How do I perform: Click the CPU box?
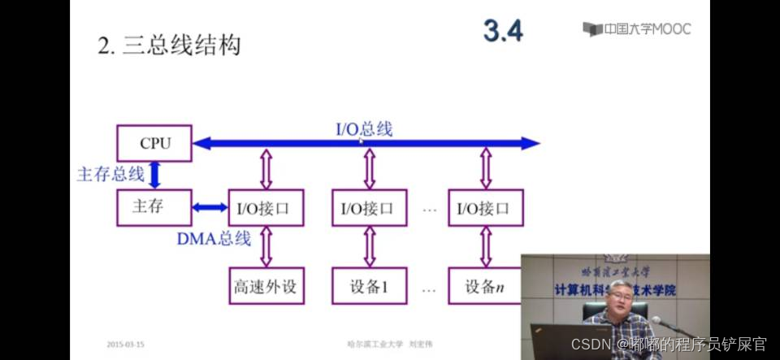[x=154, y=143]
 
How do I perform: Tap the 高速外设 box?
[x=265, y=287]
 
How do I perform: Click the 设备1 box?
[x=369, y=287]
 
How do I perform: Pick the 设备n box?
[x=485, y=287]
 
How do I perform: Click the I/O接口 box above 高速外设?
[x=265, y=209]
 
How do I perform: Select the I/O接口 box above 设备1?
[x=369, y=209]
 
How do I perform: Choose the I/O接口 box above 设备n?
[x=485, y=209]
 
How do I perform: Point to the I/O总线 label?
[x=364, y=128]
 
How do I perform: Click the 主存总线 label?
[x=110, y=174]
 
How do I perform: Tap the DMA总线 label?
[x=214, y=239]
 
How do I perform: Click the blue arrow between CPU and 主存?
[x=154, y=175]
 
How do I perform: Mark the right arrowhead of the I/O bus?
[x=531, y=144]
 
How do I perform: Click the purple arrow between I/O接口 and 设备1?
[x=369, y=246]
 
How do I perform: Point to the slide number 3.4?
[x=503, y=31]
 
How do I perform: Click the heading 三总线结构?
[x=169, y=46]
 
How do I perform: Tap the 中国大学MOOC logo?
[x=637, y=29]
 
